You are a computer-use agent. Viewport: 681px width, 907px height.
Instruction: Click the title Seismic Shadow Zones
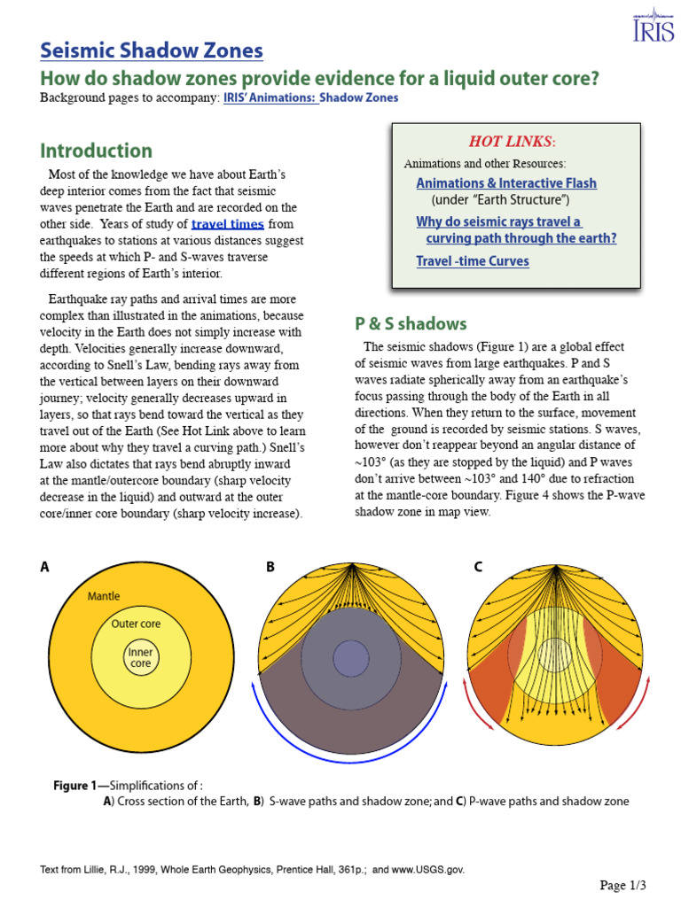point(152,50)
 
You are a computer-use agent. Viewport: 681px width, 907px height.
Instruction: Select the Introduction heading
point(96,151)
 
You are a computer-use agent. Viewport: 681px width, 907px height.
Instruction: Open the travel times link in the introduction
point(227,224)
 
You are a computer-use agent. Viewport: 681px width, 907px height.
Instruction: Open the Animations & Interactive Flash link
point(506,182)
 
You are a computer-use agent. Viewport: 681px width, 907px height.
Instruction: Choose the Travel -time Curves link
point(473,260)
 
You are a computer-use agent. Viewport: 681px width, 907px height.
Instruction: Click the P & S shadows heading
point(411,323)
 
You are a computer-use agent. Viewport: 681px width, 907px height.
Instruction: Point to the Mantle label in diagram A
point(104,596)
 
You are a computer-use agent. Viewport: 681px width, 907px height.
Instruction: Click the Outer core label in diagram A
point(136,624)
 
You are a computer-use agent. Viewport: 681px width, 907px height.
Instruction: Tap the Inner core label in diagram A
point(141,657)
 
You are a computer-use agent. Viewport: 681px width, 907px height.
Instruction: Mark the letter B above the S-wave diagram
point(270,568)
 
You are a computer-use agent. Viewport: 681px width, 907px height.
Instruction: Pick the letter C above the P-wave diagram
point(478,568)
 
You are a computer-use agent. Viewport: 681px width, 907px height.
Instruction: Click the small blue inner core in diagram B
point(351,658)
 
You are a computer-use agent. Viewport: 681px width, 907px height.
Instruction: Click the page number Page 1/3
point(622,885)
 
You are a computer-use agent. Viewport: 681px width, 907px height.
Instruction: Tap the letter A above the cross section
point(44,568)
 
